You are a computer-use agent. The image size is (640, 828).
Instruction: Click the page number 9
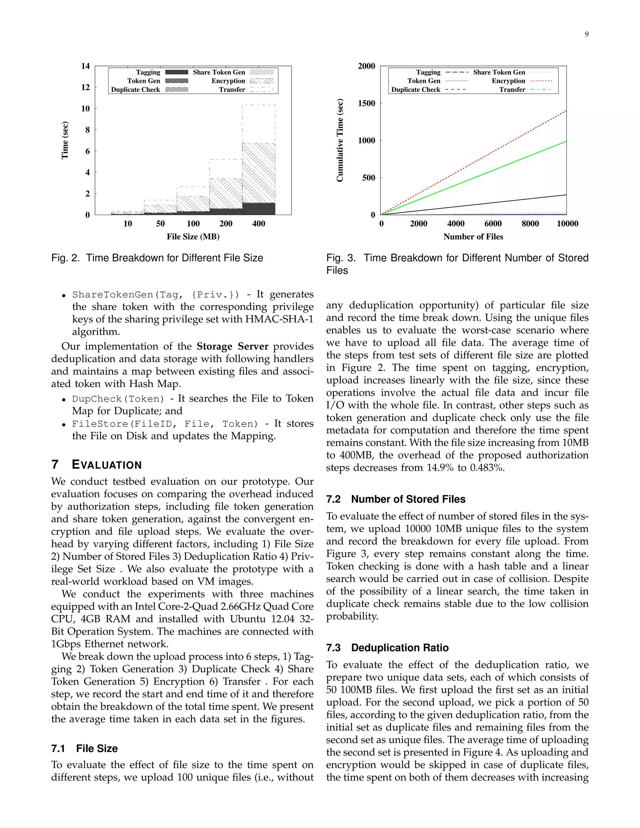pyautogui.click(x=587, y=34)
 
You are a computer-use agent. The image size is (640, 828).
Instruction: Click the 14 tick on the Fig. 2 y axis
pyautogui.click(x=86, y=66)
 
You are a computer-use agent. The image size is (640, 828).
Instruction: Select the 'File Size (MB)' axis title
pyautogui.click(x=193, y=237)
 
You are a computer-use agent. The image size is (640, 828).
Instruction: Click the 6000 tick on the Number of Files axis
pyautogui.click(x=493, y=224)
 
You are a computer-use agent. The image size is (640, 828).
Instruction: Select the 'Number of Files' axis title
pyautogui.click(x=473, y=237)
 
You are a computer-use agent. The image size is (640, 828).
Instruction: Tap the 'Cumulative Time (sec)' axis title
pyautogui.click(x=340, y=140)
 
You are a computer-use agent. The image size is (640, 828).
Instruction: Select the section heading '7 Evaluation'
pyautogui.click(x=96, y=465)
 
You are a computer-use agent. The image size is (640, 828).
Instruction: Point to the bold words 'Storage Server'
pyautogui.click(x=232, y=347)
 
